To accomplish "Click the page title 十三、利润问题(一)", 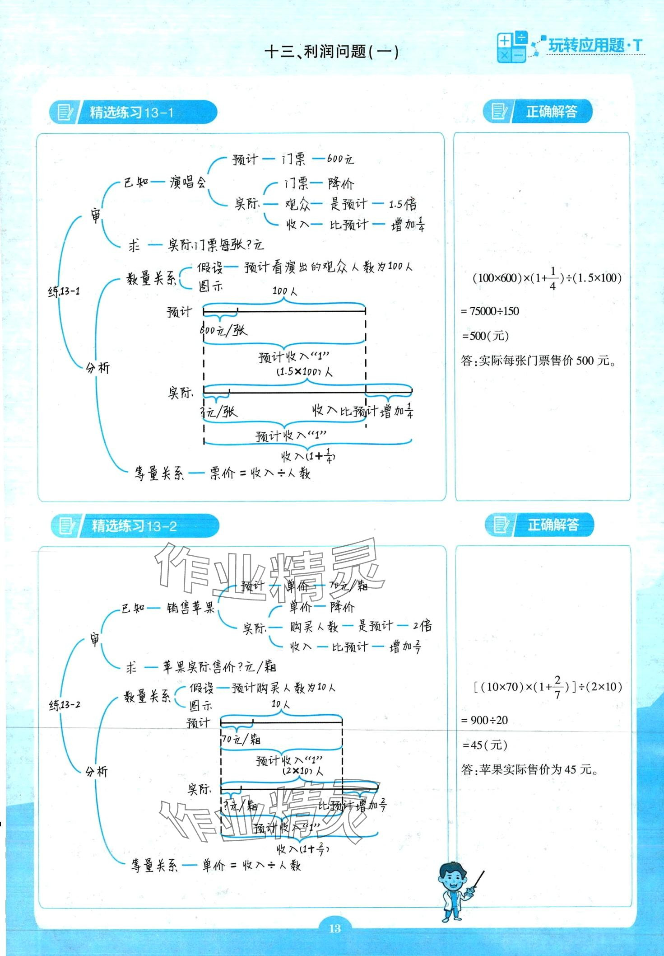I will (332, 52).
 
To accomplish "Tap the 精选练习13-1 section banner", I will (133, 112).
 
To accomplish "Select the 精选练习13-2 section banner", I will (135, 526).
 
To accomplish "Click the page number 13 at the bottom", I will (334, 928).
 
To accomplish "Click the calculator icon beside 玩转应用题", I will (511, 47).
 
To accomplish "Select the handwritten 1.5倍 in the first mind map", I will (403, 204).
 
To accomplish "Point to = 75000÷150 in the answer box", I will (490, 311).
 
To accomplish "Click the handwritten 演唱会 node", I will (188, 183).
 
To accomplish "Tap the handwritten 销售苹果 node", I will (190, 608).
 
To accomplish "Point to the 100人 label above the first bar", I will (285, 291).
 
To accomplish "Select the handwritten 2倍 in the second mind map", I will (422, 626).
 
